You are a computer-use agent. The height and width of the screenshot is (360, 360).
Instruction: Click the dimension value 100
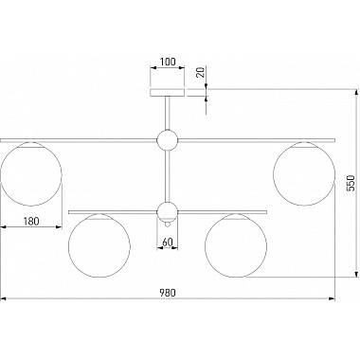(168, 62)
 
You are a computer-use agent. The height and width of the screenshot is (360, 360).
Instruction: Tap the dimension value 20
(201, 73)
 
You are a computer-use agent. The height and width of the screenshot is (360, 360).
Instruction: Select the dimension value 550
(351, 183)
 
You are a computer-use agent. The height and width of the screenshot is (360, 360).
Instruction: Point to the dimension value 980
(167, 293)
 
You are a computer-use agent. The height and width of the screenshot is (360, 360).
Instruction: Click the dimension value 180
(31, 221)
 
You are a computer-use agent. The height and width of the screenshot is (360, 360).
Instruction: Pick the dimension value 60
(168, 243)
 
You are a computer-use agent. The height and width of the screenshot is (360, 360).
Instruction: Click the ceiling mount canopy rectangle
(168, 93)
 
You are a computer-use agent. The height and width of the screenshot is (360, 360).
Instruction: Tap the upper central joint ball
(168, 140)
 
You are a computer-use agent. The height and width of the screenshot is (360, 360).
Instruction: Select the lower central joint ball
(168, 211)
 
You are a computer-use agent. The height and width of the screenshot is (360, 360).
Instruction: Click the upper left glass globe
(31, 173)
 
